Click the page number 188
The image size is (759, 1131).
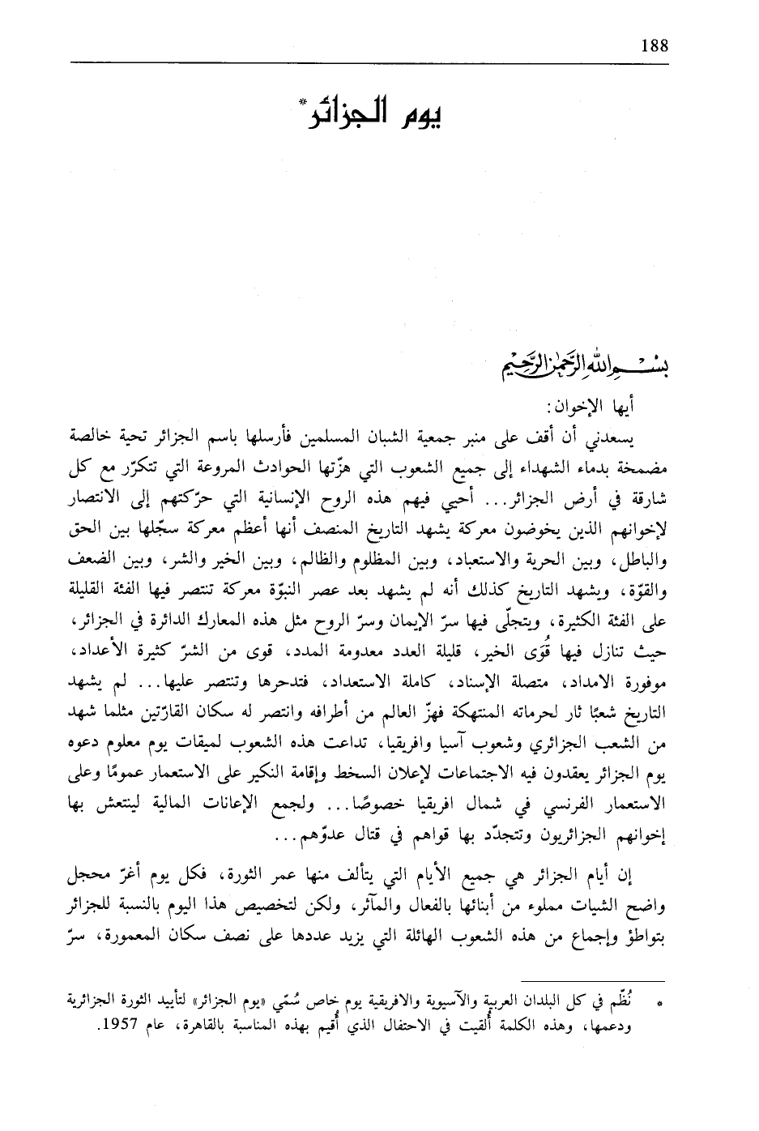(653, 45)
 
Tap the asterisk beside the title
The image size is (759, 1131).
(302, 101)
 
